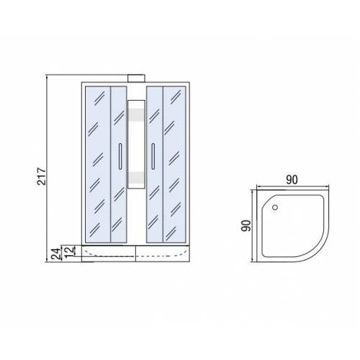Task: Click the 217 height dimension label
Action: coord(42,176)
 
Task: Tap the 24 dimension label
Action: coord(56,254)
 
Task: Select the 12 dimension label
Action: coord(70,251)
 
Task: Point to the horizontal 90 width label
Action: coord(292,180)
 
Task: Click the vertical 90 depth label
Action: coord(246,225)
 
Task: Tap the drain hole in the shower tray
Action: coord(275,207)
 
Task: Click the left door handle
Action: coord(120,156)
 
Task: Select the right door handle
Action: coord(153,156)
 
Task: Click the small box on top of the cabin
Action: coord(136,78)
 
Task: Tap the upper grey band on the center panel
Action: coord(136,114)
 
